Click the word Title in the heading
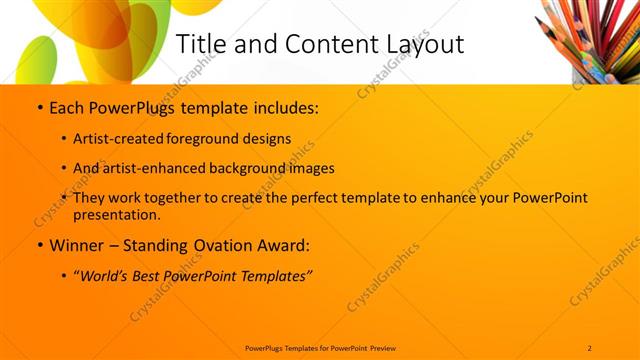click(199, 45)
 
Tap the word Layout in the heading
click(422, 45)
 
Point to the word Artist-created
click(118, 139)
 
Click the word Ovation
click(222, 245)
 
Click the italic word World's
click(107, 275)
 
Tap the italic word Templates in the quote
click(276, 275)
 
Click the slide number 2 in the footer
click(590, 347)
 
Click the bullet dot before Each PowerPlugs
click(38, 107)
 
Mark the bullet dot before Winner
click(38, 245)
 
